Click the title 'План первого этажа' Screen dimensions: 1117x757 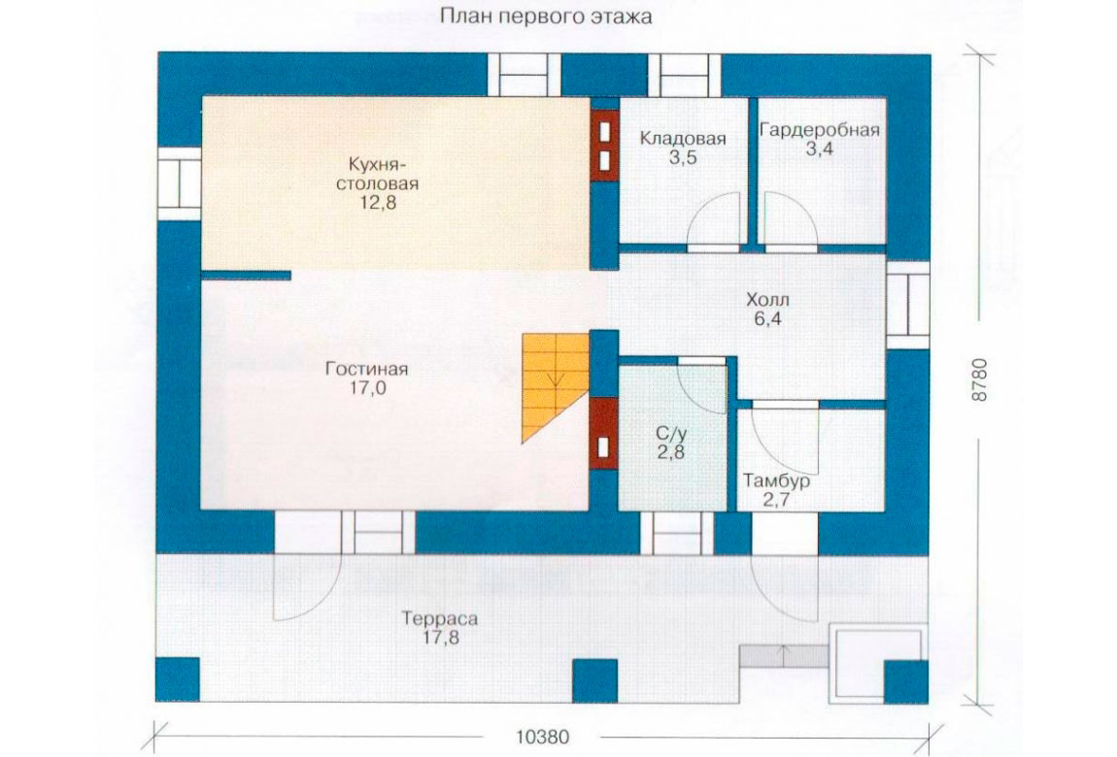click(546, 16)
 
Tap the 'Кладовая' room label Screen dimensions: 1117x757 click(683, 138)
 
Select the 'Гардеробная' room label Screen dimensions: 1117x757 click(819, 130)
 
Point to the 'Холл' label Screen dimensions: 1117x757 click(767, 299)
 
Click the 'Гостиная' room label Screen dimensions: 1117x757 click(367, 369)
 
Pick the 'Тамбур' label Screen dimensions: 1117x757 click(776, 481)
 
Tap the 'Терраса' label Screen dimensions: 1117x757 click(440, 618)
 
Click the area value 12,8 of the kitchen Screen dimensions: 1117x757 click(378, 203)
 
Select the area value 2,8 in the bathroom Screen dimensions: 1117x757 click(670, 452)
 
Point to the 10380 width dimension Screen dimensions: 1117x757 click(542, 737)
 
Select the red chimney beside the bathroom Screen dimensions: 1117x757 click(603, 433)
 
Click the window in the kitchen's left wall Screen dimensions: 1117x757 click(179, 183)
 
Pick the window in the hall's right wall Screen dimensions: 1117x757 click(907, 305)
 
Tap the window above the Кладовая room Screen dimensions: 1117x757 click(683, 75)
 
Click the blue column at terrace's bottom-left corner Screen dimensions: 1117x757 click(178, 680)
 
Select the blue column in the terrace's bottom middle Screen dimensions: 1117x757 click(594, 681)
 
